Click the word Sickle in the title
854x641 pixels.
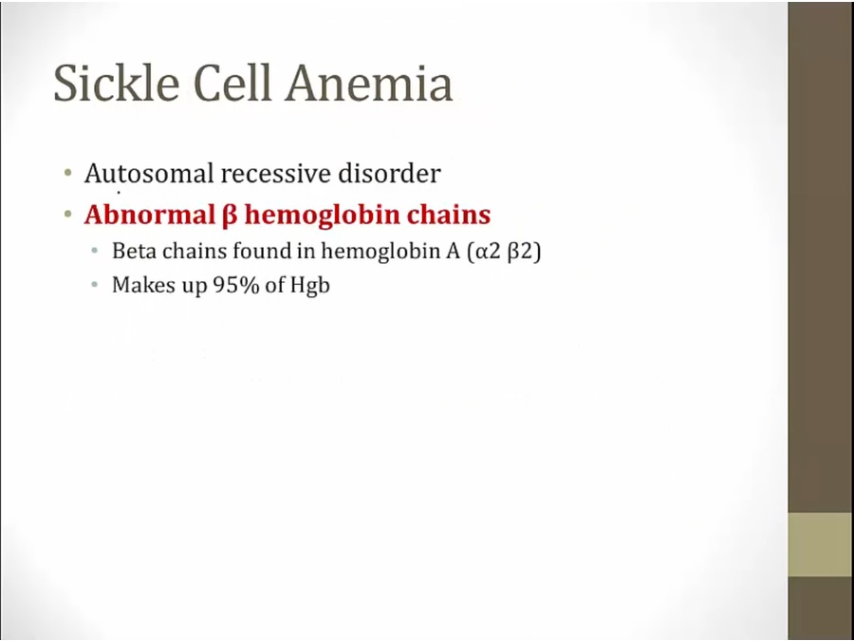(117, 83)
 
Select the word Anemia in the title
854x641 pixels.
(369, 84)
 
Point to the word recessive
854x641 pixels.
(275, 174)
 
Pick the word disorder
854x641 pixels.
(389, 174)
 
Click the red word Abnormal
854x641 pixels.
(150, 215)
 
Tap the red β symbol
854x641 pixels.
(230, 216)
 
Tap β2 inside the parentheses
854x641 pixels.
(520, 253)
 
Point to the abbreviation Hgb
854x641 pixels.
(310, 286)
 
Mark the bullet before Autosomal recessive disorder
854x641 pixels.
(68, 174)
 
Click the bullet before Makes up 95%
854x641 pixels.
(95, 285)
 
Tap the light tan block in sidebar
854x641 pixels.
(820, 544)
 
